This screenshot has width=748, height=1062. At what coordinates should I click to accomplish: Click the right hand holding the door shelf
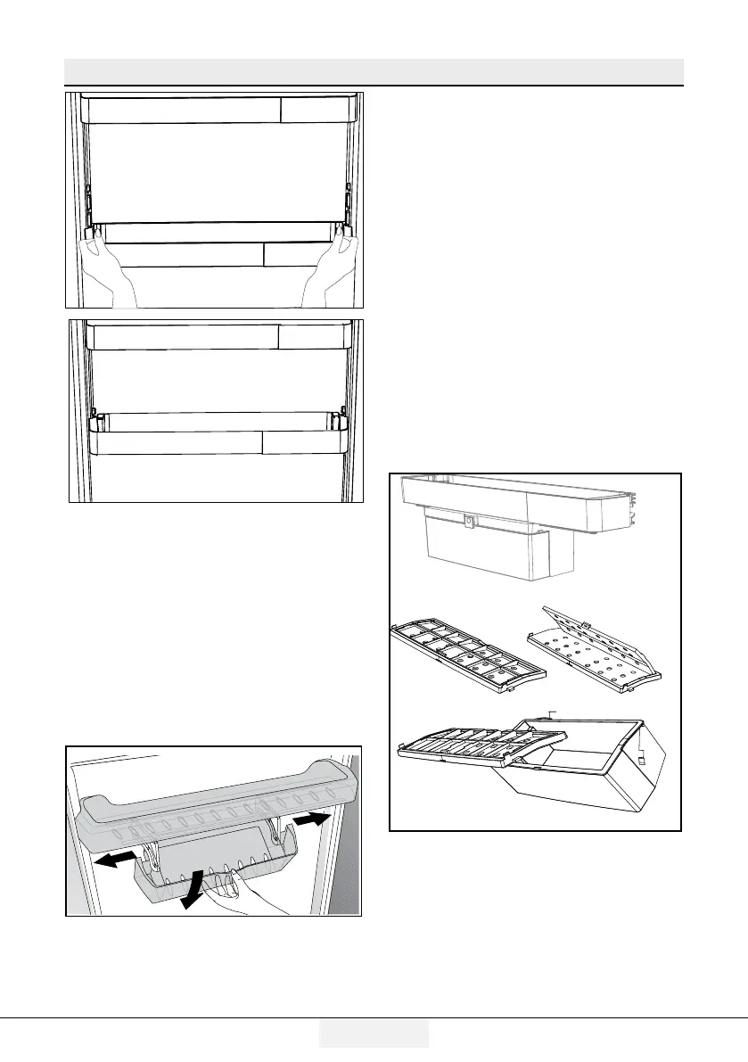coord(331,268)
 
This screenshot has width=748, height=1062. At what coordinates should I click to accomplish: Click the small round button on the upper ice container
coord(466,518)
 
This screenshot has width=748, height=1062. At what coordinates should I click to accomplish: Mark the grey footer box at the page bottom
coord(374,1033)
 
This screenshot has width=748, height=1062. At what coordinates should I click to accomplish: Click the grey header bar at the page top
coord(374,71)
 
